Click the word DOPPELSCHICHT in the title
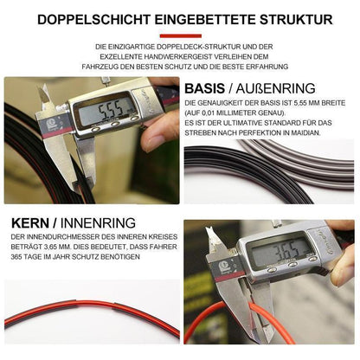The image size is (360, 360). (93, 20)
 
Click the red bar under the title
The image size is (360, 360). (181, 36)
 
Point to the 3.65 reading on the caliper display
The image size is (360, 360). (288, 249)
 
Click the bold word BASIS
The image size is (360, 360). (204, 88)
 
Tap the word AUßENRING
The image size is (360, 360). (275, 88)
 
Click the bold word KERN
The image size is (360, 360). (30, 223)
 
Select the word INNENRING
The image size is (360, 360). (98, 223)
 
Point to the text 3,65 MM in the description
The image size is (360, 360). (57, 247)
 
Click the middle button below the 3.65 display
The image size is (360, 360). (292, 265)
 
